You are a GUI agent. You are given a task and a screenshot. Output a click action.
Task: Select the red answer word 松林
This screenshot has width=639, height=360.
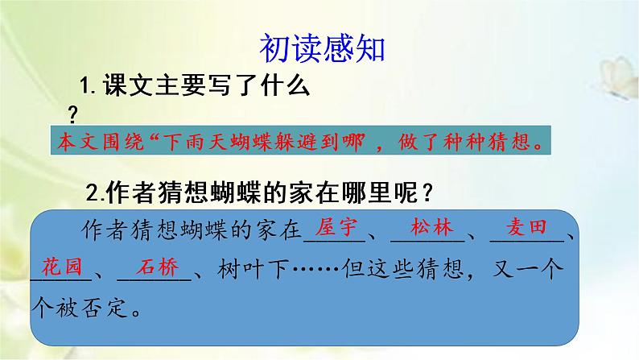427,228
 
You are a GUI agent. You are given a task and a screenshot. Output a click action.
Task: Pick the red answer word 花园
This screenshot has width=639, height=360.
63,267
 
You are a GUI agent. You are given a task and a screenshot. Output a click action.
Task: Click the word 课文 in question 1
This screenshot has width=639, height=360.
121,85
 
